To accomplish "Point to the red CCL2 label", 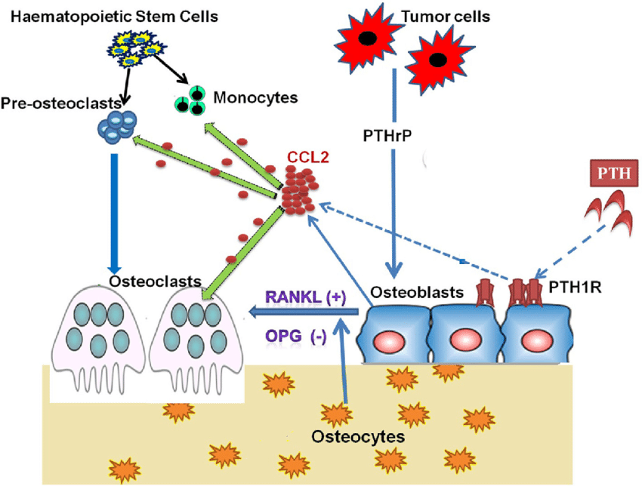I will (305, 158).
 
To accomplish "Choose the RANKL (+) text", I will (305, 297).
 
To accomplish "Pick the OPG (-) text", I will (296, 335).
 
